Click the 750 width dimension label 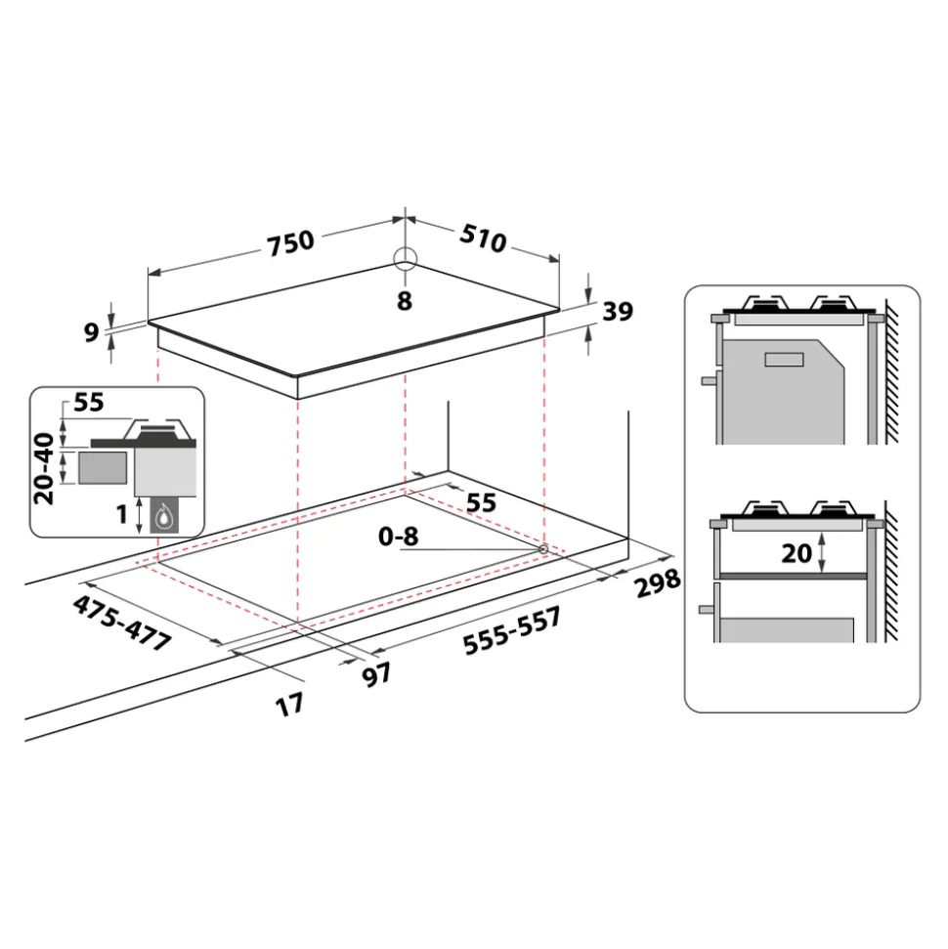(x=290, y=242)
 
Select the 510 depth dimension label (x=483, y=237)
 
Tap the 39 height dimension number (x=618, y=311)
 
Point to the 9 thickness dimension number (x=91, y=332)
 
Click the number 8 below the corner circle (x=405, y=301)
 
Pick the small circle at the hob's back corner (x=405, y=260)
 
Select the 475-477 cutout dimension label (x=121, y=623)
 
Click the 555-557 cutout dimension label (x=512, y=631)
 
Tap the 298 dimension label (x=658, y=582)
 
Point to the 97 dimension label (x=376, y=674)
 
